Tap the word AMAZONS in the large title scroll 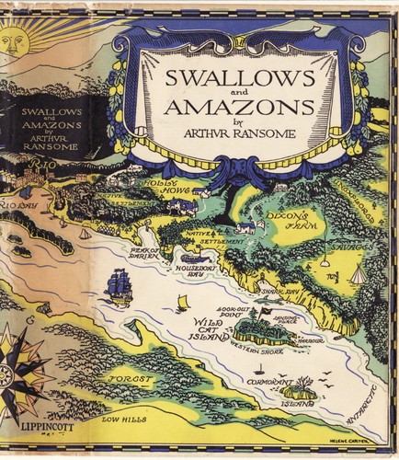point(241,107)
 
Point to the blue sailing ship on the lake point(120,284)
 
